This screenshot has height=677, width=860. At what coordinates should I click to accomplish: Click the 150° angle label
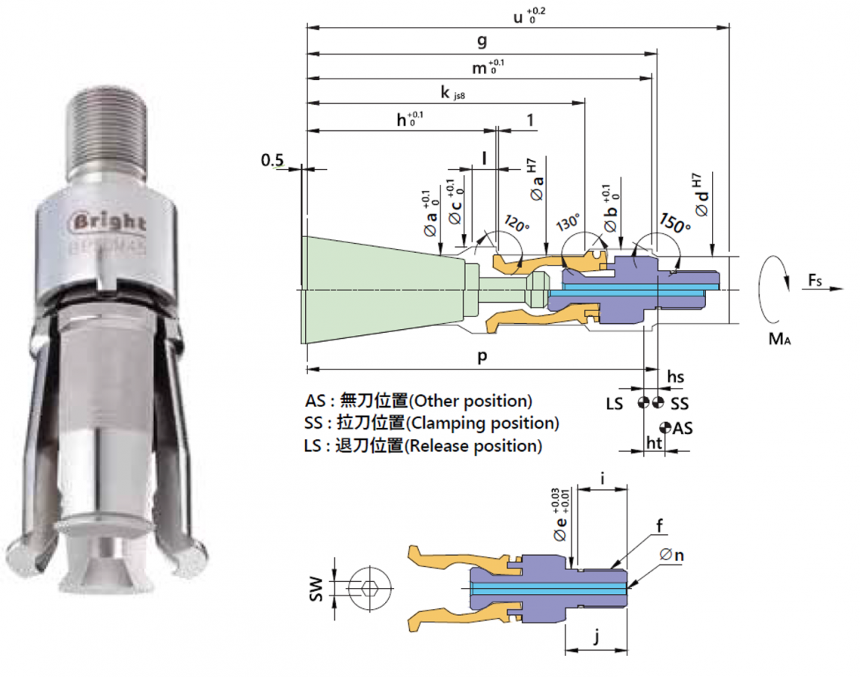tap(675, 223)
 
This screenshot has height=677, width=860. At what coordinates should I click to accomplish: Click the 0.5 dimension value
tap(273, 160)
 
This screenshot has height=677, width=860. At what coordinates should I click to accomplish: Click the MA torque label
tap(779, 339)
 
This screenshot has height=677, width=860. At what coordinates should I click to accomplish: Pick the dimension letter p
tap(482, 357)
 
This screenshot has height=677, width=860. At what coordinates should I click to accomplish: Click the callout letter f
tap(659, 526)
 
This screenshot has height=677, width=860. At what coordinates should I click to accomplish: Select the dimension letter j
tap(596, 638)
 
